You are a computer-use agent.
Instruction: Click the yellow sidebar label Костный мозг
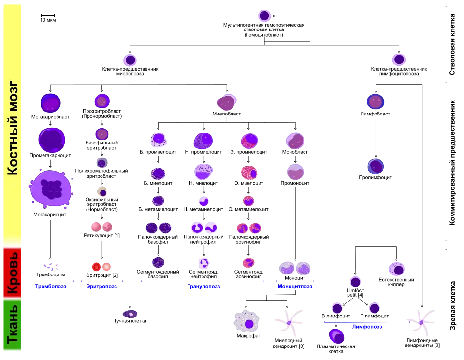pyautogui.click(x=13, y=128)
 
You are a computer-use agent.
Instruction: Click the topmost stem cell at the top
pyautogui.click(x=264, y=15)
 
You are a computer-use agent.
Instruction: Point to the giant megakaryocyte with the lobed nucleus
pyautogui.click(x=51, y=189)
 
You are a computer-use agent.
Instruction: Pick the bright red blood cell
pyautogui.click(x=96, y=267)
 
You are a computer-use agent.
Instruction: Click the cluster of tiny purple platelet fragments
pyautogui.click(x=50, y=267)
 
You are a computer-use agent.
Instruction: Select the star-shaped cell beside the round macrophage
pyautogui.click(x=289, y=322)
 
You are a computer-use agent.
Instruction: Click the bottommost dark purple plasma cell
pyautogui.click(x=336, y=336)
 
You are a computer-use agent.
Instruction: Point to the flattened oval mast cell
pyautogui.click(x=130, y=314)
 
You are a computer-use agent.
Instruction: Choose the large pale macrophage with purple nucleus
pyautogui.click(x=246, y=322)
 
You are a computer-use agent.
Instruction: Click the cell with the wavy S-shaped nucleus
pyautogui.click(x=211, y=228)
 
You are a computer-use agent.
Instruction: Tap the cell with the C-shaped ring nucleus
pyautogui.click(x=197, y=228)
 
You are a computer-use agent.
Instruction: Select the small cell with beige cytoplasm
pyautogui.click(x=102, y=192)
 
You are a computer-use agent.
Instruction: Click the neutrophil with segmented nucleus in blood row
pyautogui.click(x=204, y=263)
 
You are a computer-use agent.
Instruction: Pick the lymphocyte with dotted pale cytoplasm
pyautogui.click(x=396, y=269)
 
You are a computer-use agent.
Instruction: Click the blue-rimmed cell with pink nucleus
pyautogui.click(x=375, y=102)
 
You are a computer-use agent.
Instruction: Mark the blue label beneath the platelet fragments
pyautogui.click(x=51, y=287)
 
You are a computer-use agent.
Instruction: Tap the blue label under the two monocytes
pyautogui.click(x=295, y=286)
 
